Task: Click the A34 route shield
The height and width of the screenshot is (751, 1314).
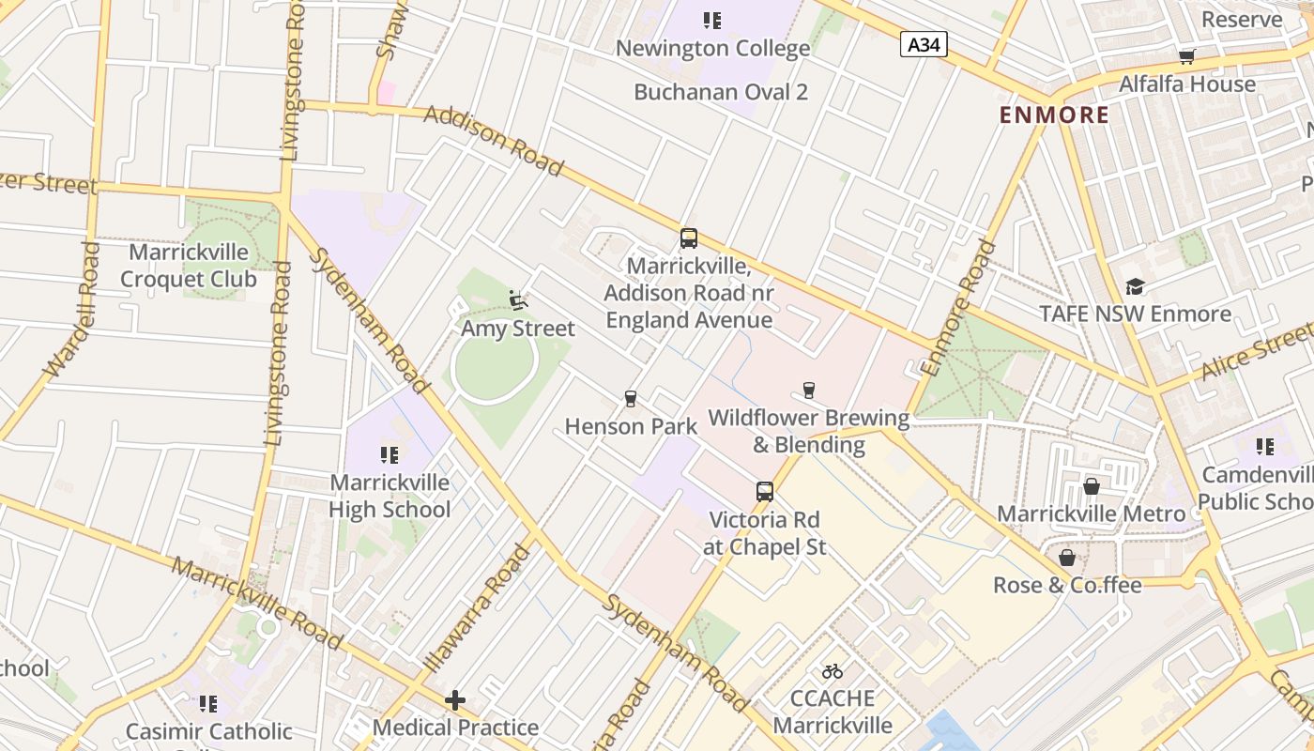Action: point(924,44)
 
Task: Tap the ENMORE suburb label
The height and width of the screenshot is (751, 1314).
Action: point(1054,115)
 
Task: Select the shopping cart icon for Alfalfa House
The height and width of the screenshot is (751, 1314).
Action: point(1187,56)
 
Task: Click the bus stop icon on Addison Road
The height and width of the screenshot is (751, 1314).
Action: point(689,238)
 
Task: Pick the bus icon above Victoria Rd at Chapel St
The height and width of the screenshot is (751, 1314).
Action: point(765,492)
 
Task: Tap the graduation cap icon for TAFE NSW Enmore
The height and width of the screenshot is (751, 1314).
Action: point(1135,286)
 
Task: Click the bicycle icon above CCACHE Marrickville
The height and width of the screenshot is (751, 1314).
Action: point(833,670)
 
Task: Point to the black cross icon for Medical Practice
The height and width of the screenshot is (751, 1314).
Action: point(455,699)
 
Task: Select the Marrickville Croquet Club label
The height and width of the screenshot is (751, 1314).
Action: point(189,266)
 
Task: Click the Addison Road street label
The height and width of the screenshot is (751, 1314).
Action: point(494,141)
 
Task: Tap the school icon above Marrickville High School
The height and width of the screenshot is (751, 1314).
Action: point(390,455)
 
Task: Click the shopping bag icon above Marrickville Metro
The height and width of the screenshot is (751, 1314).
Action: point(1091,486)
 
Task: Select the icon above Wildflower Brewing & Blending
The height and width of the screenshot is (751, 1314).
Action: point(809,390)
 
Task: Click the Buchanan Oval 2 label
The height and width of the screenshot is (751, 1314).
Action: point(721,92)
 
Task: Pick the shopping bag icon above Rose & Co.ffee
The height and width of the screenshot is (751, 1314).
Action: point(1067,558)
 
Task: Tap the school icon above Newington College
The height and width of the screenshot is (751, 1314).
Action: point(712,20)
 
